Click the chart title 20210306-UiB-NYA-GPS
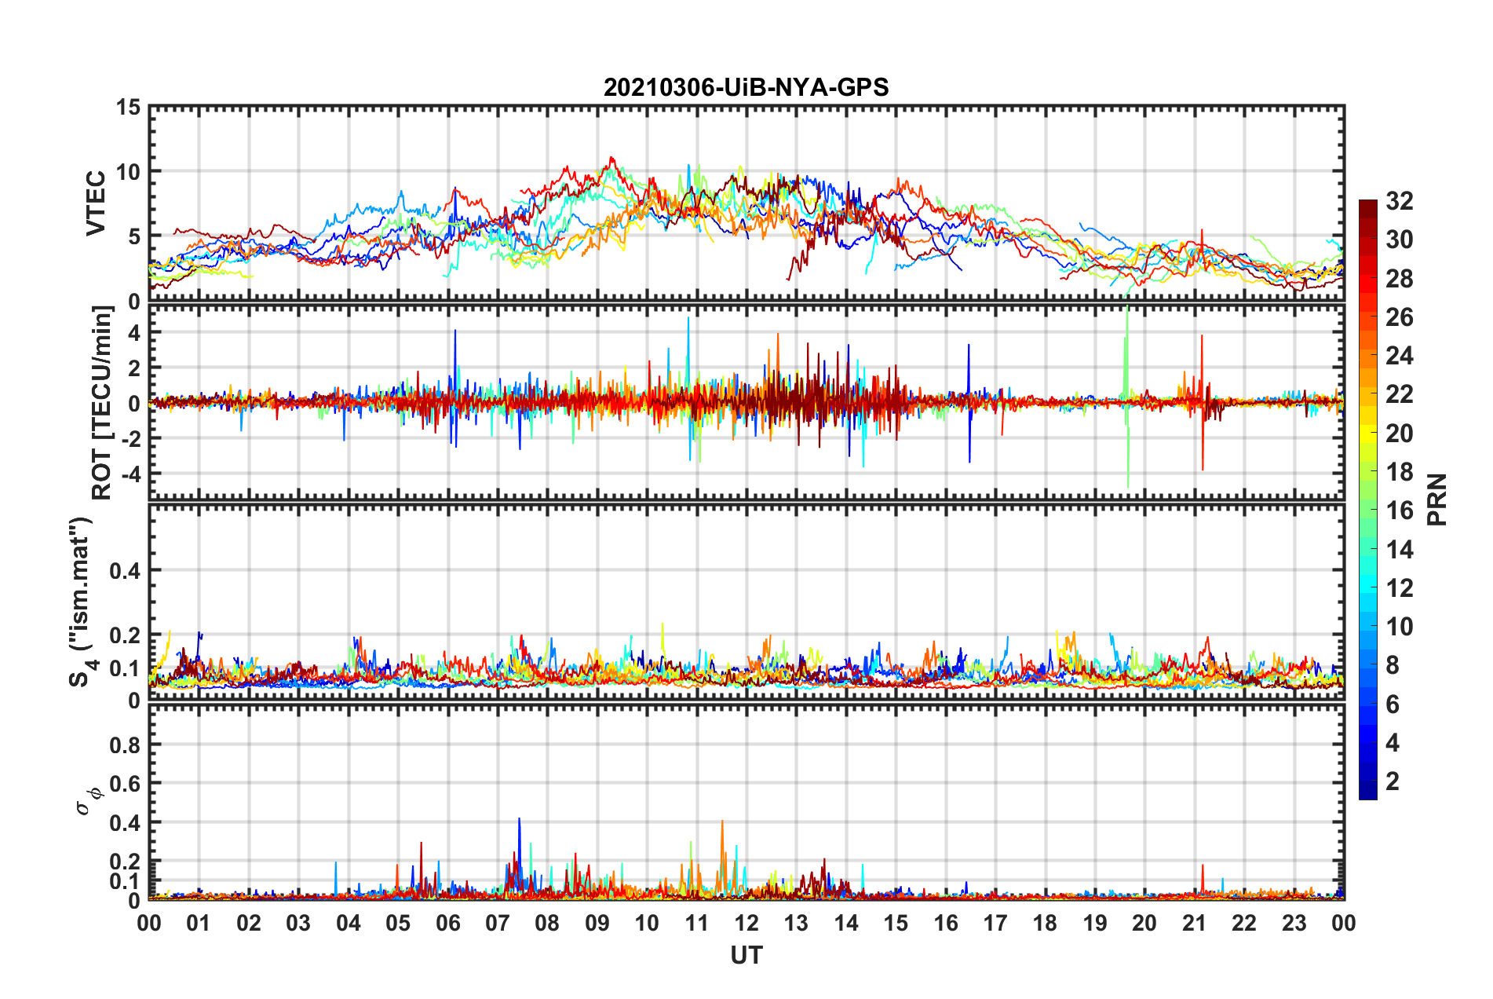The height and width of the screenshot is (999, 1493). [x=746, y=87]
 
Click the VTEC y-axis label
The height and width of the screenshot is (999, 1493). [x=96, y=203]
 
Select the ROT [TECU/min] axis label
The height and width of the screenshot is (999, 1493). [x=102, y=403]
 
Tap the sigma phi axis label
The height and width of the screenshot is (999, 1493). [x=88, y=800]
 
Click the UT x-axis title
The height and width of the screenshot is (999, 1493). [x=746, y=955]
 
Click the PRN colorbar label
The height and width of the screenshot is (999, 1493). [x=1436, y=499]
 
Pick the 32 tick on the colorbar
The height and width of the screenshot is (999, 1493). [x=1399, y=201]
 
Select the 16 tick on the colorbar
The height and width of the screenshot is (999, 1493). [x=1399, y=510]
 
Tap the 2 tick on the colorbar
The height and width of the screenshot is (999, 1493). [x=1393, y=781]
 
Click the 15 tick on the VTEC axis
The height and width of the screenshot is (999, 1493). [x=129, y=107]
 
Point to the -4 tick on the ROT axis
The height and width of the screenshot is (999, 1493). [x=129, y=474]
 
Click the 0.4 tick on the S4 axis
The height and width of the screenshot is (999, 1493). [x=124, y=570]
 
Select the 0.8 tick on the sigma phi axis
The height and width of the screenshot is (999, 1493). [x=124, y=745]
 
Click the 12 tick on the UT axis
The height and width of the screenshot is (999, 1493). [x=746, y=923]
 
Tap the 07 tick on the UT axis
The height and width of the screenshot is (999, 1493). [x=497, y=923]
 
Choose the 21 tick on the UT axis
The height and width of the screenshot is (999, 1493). [x=1194, y=923]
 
